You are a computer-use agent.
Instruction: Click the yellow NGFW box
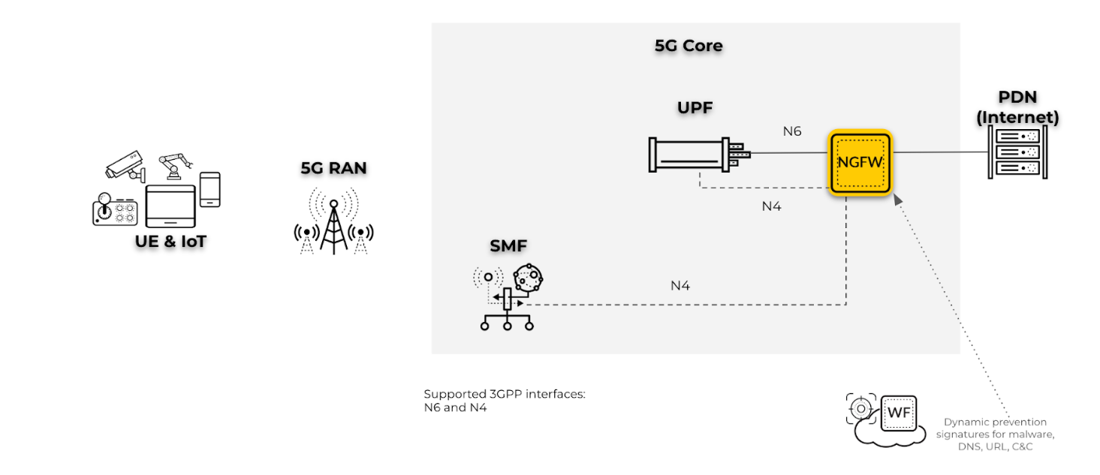point(860,162)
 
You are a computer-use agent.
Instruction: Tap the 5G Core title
point(689,46)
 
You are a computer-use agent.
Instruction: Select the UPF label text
point(695,108)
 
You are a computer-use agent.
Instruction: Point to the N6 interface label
point(792,131)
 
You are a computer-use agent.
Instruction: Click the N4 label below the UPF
point(772,206)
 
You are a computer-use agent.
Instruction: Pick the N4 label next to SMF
point(680,285)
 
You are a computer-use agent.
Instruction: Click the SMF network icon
point(508,297)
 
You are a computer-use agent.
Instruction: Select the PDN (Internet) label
point(1017,108)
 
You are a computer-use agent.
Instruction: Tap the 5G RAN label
point(333,168)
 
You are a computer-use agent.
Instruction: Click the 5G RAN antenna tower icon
point(333,221)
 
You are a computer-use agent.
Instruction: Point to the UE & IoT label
point(172,241)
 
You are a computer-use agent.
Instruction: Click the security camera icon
point(125,165)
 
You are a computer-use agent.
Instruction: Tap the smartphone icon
point(209,189)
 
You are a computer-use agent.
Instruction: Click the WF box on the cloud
point(899,413)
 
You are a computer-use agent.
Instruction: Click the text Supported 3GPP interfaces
point(504,394)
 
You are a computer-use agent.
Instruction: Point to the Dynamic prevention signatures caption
point(996,434)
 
